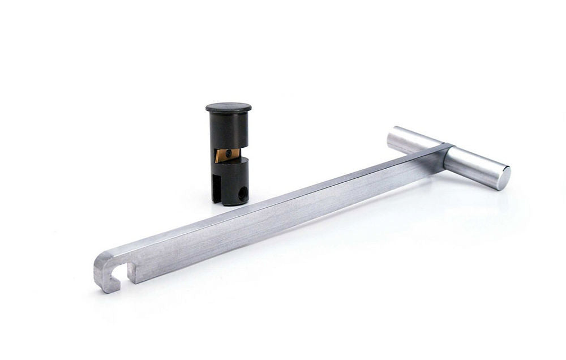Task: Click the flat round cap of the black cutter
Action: click(x=229, y=107)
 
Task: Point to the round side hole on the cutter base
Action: click(x=242, y=194)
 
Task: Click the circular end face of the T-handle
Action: click(x=501, y=178)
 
